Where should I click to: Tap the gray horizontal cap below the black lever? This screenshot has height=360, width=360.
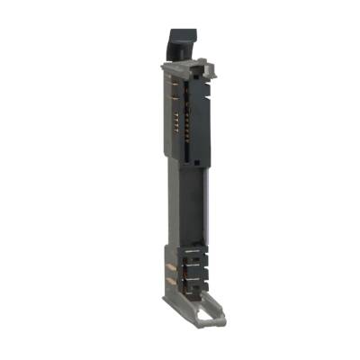[x=184, y=67]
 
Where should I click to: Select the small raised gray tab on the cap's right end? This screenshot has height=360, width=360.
[x=202, y=64]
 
